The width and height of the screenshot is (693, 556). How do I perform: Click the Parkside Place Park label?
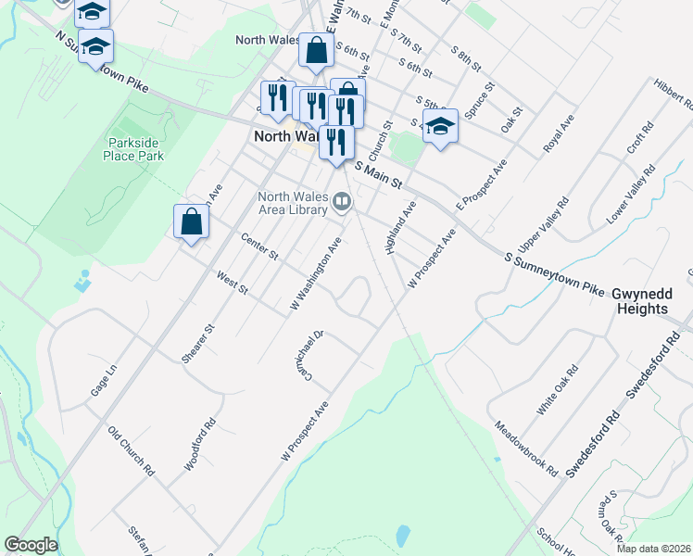click(x=135, y=150)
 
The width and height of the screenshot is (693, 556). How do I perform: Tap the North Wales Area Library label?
click(x=292, y=203)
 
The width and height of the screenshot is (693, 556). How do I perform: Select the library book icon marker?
click(x=343, y=201)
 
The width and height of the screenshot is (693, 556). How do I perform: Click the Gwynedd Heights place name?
click(x=652, y=300)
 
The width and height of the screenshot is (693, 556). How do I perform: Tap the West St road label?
click(x=232, y=283)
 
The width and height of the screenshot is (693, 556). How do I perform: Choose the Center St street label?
click(x=259, y=246)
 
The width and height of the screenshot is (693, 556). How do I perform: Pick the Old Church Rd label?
click(x=131, y=451)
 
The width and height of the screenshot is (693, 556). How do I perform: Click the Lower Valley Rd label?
click(x=630, y=196)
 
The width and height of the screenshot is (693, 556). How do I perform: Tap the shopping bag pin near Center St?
click(x=191, y=222)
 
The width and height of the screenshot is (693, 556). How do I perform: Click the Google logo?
click(x=31, y=545)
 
